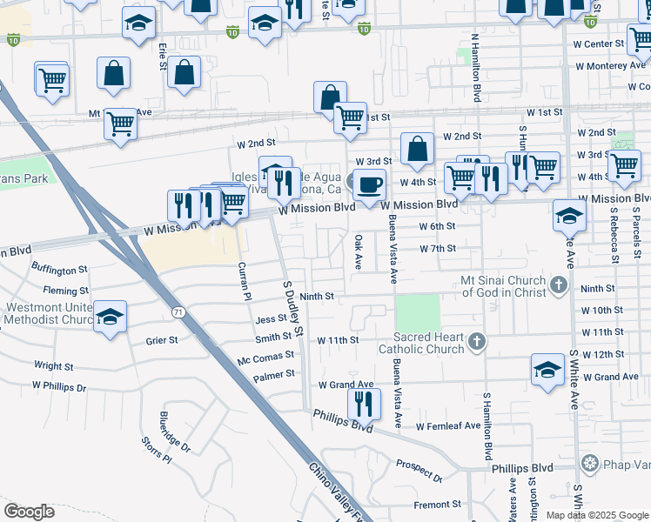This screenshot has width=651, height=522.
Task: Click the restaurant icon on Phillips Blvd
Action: coord(364,404)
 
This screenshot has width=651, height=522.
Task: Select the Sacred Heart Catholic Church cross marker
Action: coord(476,342)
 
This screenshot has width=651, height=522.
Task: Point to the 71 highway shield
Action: coord(177,311)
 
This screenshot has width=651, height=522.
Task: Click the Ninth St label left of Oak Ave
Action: coord(318,297)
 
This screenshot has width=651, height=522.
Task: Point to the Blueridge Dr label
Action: coord(174,432)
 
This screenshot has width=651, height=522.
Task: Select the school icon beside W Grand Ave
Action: coord(547,369)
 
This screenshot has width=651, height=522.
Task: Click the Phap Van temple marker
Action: coord(591,462)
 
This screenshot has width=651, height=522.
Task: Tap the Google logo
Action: coord(29,512)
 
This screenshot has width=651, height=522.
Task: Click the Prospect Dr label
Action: coord(419,471)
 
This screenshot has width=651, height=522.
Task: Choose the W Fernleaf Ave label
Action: coord(447,426)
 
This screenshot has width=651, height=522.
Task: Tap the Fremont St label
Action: coord(437,505)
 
